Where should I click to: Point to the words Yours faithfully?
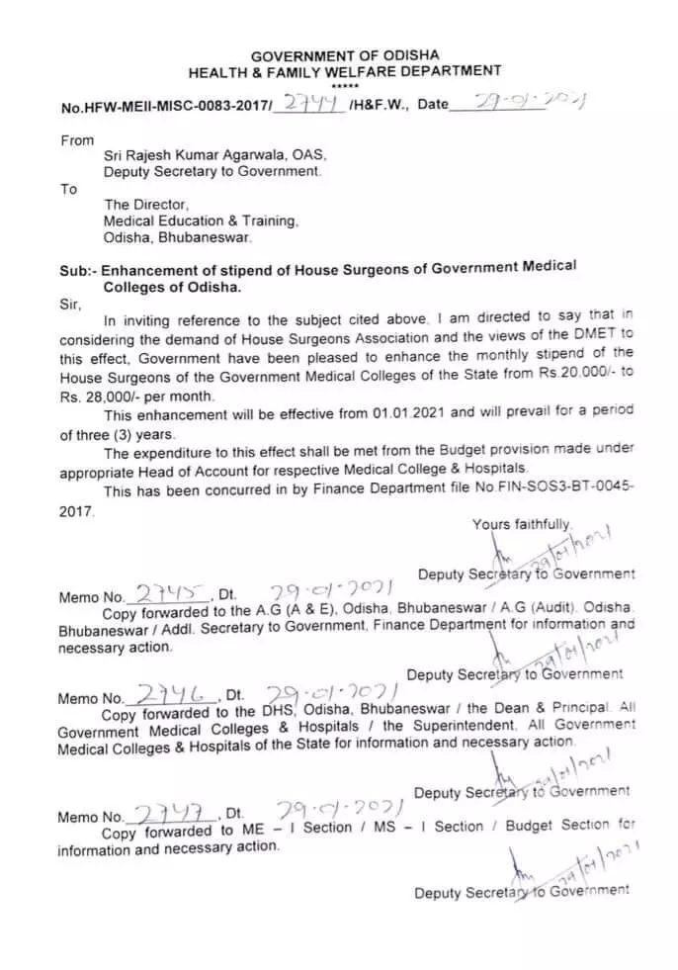click(x=521, y=524)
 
